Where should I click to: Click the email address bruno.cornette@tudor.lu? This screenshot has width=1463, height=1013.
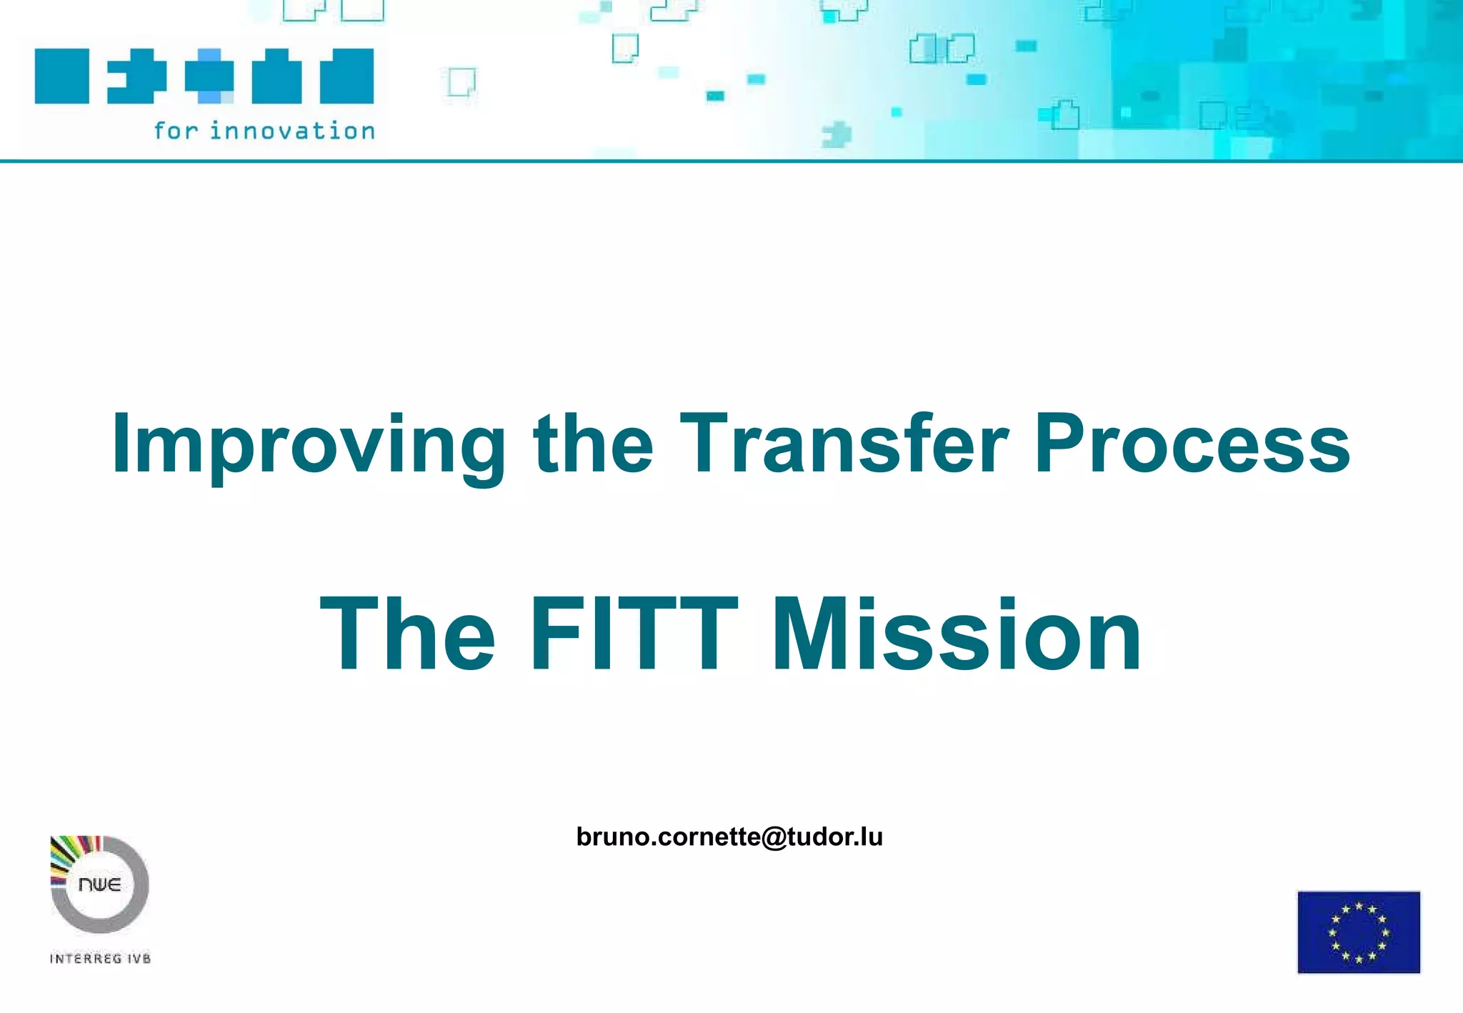[729, 837]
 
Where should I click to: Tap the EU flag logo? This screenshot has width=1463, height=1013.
[1358, 932]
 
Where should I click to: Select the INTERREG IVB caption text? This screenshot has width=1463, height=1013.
[100, 959]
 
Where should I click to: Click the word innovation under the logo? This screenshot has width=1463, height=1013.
[292, 131]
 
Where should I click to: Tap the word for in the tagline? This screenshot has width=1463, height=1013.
[175, 131]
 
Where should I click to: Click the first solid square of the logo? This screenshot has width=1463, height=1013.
[62, 76]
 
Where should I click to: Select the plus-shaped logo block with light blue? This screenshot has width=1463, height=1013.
[209, 76]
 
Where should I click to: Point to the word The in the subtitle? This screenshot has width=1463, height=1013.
[407, 634]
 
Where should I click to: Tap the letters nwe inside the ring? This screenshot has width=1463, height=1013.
[99, 884]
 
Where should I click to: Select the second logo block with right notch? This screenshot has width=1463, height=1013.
[136, 76]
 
